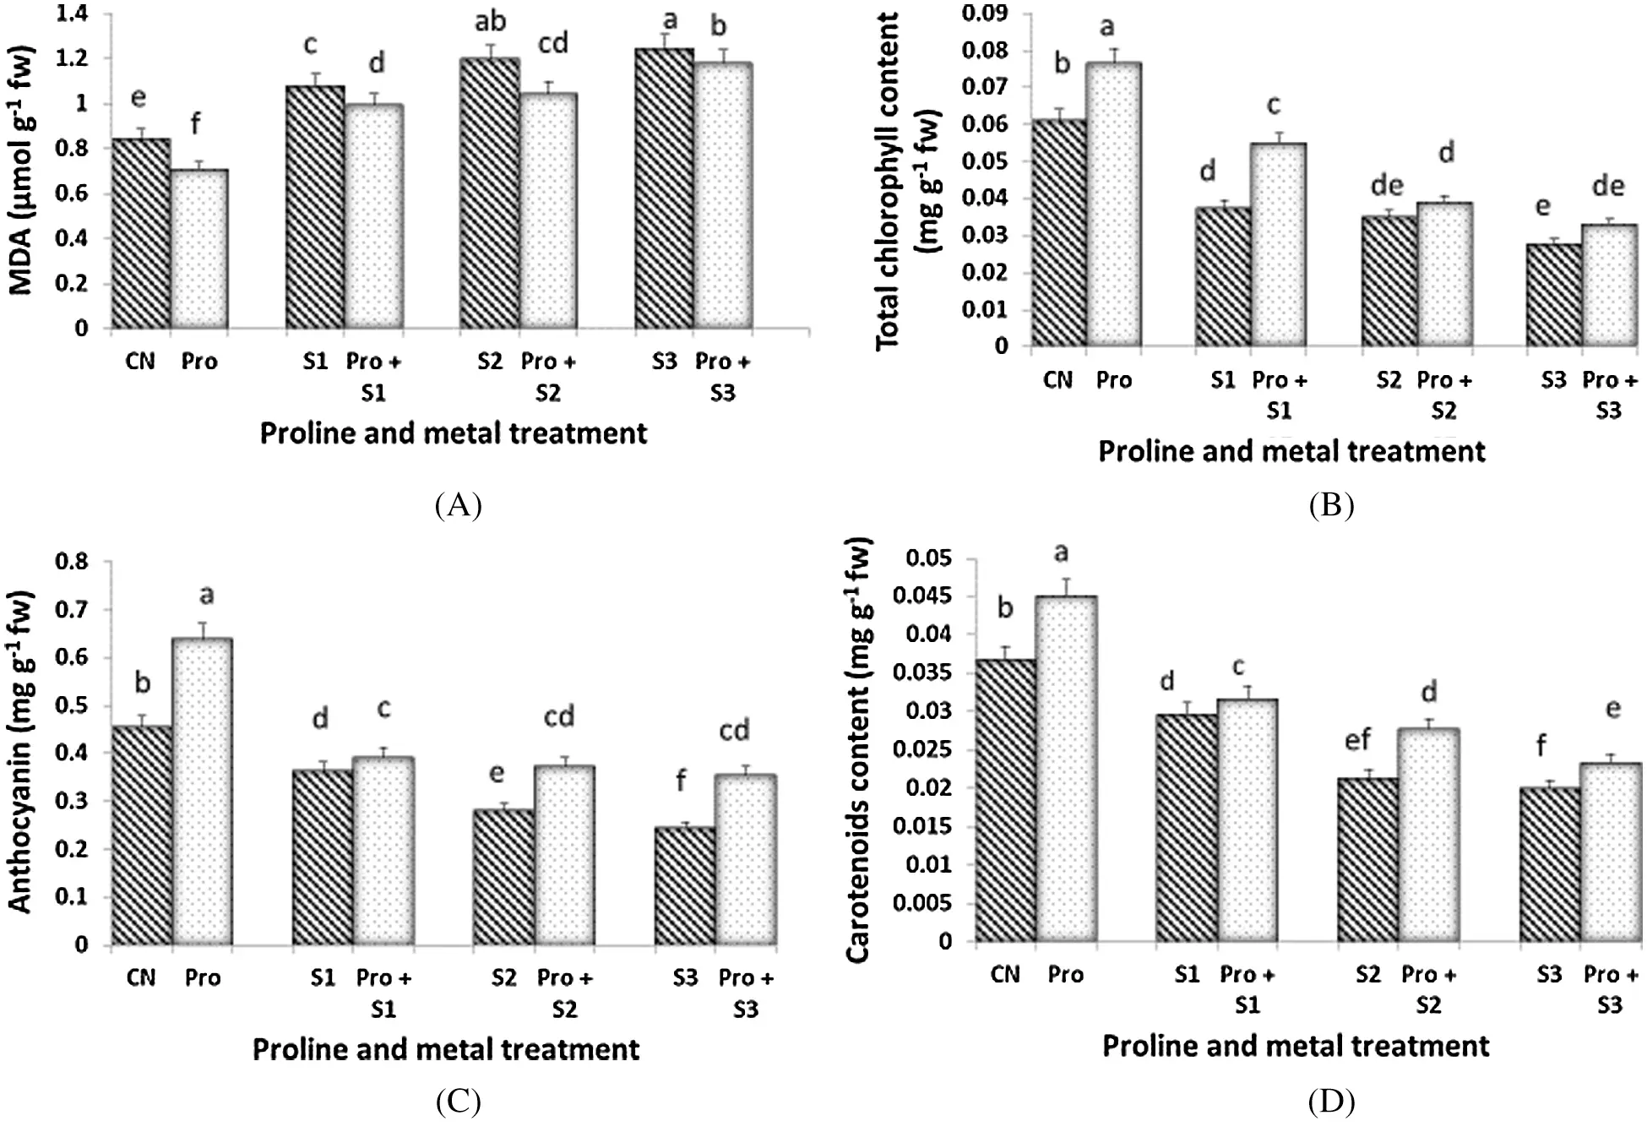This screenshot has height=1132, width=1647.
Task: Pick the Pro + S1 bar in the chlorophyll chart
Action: coord(1279,245)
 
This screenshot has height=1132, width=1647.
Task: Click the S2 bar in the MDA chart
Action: coord(490,193)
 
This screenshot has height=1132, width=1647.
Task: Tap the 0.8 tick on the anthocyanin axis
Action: coord(71,562)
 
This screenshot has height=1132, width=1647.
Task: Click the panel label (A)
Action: coord(458,505)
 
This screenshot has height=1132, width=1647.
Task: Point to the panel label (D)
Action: coord(1331,1102)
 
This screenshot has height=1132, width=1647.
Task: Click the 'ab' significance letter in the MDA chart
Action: coord(490,21)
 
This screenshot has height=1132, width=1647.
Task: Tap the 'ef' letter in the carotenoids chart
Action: coord(1357,740)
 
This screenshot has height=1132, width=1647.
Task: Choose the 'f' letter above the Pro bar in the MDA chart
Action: coord(195,124)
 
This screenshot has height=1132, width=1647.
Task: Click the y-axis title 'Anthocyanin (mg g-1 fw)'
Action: coord(20,752)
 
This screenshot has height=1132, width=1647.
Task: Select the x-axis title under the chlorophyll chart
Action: coord(1291,452)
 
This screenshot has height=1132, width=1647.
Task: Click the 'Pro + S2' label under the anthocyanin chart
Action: coord(565,993)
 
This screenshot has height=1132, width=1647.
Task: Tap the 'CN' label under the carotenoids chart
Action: coord(1005,975)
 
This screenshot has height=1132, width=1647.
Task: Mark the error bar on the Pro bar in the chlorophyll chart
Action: coord(1114,54)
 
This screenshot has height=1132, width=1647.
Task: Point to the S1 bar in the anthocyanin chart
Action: coord(322,857)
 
